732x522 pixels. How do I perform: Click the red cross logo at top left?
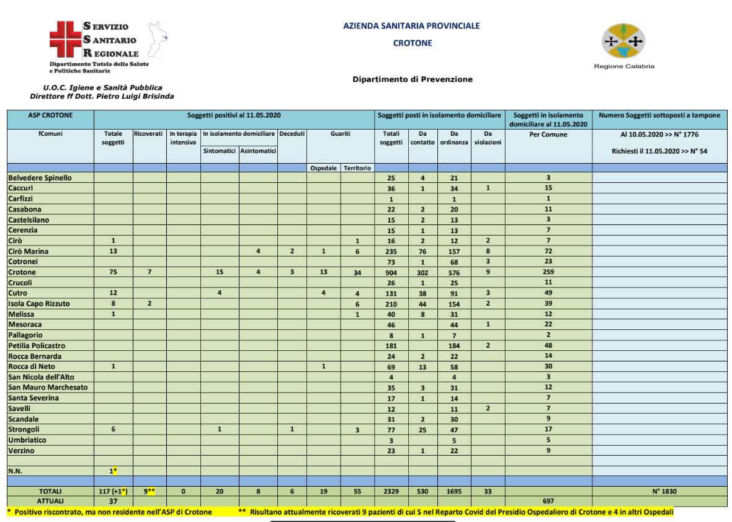66,38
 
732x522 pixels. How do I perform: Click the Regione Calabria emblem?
624,42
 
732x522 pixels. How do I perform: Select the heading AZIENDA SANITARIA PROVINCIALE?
411,26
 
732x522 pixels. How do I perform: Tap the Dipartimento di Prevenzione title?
413,79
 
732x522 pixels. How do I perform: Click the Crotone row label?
22,272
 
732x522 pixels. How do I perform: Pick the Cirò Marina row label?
29,251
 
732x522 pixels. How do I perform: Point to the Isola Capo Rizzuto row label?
39,304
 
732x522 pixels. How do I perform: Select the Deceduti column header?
292,134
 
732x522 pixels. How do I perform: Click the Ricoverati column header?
149,134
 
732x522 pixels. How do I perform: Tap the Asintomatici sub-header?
258,151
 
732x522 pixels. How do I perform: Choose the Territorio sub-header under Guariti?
357,168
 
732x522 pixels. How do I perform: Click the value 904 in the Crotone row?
391,272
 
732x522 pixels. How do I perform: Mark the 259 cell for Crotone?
548,272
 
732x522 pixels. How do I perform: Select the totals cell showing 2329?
391,491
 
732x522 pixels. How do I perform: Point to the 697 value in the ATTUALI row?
548,501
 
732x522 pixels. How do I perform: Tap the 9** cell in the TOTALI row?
149,491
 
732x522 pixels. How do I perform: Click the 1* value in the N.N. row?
114,471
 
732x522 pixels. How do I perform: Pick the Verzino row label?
21,451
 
